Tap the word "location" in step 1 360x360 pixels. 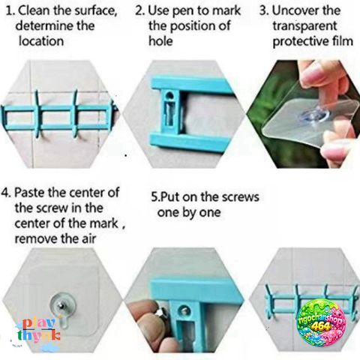coord(41,41)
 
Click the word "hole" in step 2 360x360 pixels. coord(160,40)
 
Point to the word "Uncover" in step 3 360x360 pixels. coord(294,10)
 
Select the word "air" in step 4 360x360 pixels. coord(88,238)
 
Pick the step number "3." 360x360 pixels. coord(264,10)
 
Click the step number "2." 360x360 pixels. coord(140,10)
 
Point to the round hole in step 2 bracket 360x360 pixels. coord(169,95)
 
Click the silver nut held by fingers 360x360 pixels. coord(161,313)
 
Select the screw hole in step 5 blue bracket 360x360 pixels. coord(184,310)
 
